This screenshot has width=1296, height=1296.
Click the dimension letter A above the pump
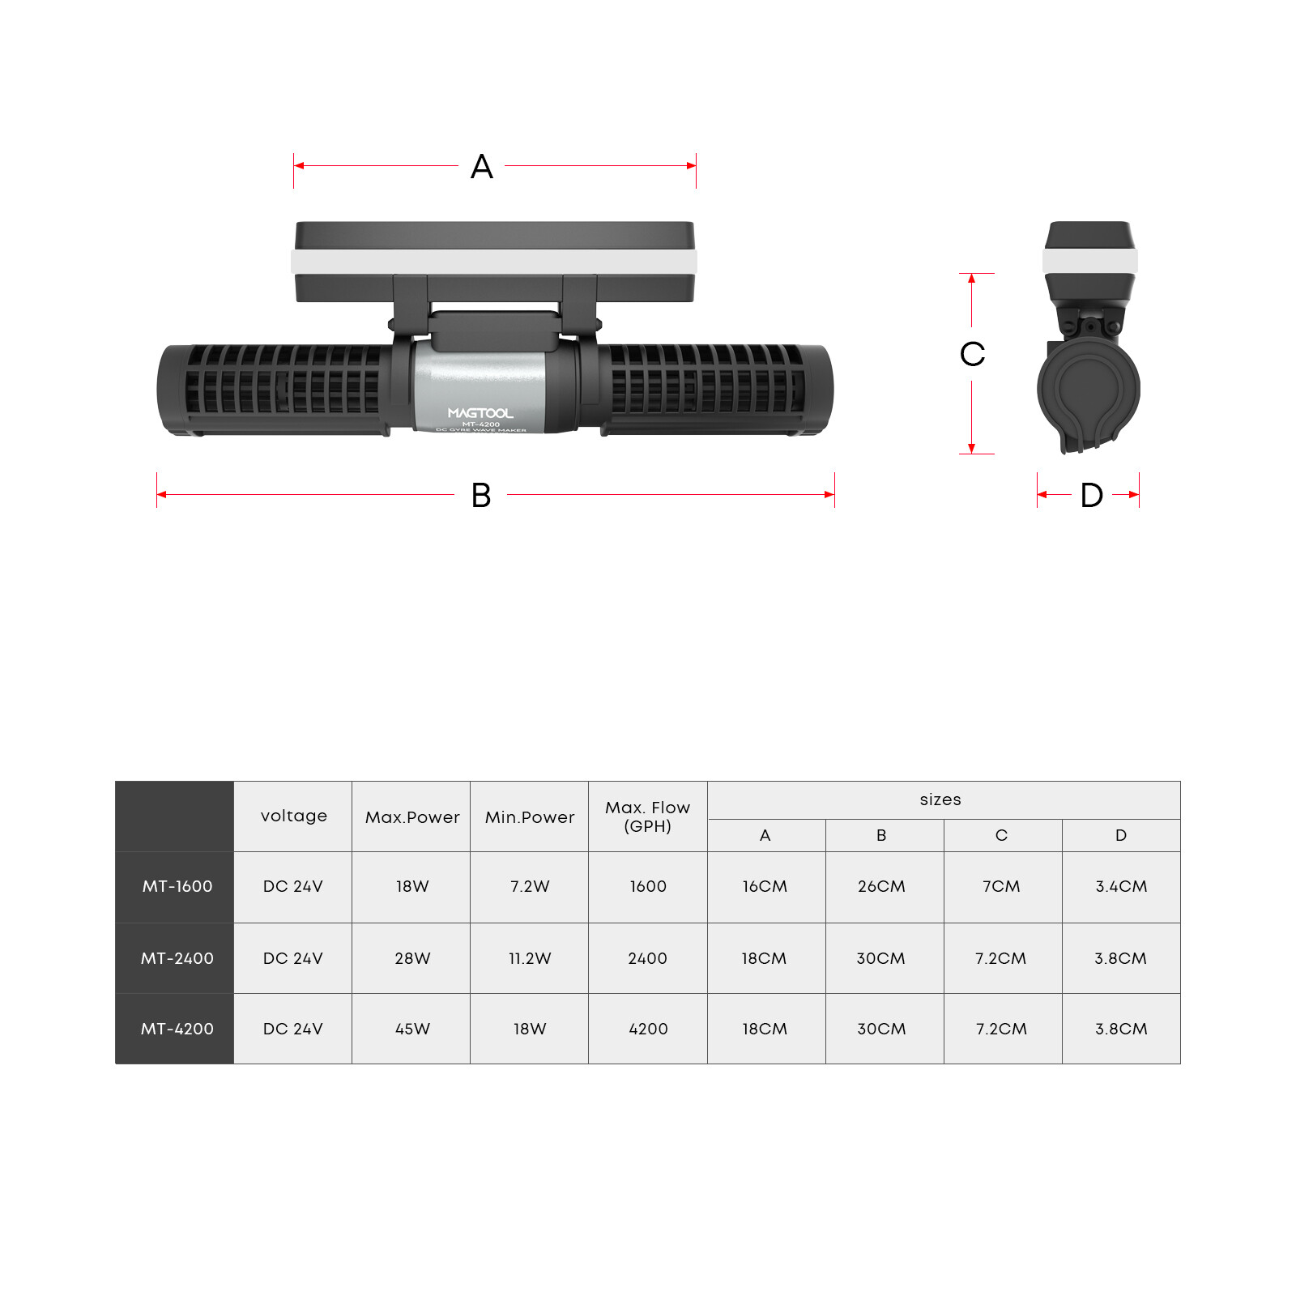coord(482,167)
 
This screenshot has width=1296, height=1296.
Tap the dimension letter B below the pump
coord(481,495)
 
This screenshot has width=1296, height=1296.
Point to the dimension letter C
coord(972,354)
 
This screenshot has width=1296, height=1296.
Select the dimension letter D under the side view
coord(1092,495)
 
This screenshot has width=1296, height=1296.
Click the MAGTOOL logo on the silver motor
coord(480,413)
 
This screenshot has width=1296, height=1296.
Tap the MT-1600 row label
coord(177,886)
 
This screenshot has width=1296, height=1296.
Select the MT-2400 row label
coord(177,958)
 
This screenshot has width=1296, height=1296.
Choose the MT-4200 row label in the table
coord(177,1029)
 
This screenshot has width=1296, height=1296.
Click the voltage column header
coord(294,816)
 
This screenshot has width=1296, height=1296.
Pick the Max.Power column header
coord(412,817)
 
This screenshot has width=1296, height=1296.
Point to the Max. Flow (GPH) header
coord(648,816)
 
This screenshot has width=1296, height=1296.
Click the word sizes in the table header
coord(940,799)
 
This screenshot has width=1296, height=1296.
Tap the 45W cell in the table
coord(412,1029)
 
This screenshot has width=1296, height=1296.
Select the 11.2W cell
coord(530,958)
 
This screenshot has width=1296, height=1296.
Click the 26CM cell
coord(881,886)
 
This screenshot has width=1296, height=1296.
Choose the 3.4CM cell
coord(1121,886)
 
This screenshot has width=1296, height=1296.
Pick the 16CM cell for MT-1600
coord(765,886)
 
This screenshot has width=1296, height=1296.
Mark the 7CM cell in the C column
coord(1001,886)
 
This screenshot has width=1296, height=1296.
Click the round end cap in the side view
coord(1088,388)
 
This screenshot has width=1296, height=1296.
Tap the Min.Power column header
coord(530,817)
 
